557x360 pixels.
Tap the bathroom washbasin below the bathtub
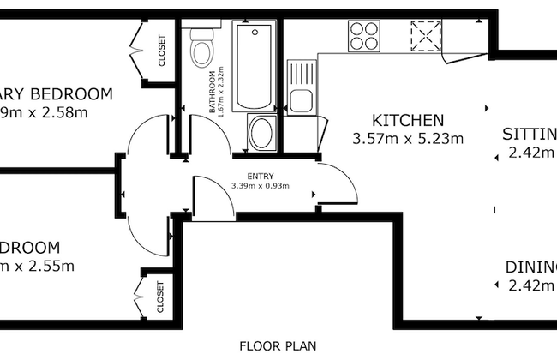[x=261, y=134]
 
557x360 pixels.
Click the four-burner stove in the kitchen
[x=364, y=37]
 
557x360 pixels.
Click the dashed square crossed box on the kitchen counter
[x=424, y=37]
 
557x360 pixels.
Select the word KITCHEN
[x=407, y=120]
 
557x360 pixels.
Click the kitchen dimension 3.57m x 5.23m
[x=408, y=138]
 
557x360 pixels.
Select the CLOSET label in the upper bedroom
[x=161, y=51]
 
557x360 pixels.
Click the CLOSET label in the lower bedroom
[x=161, y=297]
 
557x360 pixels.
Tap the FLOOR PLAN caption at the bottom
[x=278, y=346]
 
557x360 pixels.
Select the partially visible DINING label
[x=530, y=266]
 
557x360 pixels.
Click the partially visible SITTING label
[x=529, y=134]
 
